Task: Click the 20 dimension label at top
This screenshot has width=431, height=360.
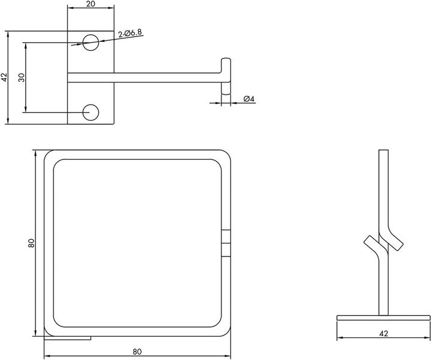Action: [x=90, y=4]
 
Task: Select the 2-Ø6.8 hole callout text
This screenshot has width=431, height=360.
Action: [x=130, y=33]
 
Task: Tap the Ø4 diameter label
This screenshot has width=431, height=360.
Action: [x=249, y=99]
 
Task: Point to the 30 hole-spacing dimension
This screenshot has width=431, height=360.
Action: [x=22, y=77]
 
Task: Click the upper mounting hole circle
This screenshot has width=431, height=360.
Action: [x=91, y=42]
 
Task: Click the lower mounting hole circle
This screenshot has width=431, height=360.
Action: [x=91, y=112]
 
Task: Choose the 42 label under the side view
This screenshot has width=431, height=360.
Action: [x=384, y=333]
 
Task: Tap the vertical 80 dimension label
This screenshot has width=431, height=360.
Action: [x=31, y=243]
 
